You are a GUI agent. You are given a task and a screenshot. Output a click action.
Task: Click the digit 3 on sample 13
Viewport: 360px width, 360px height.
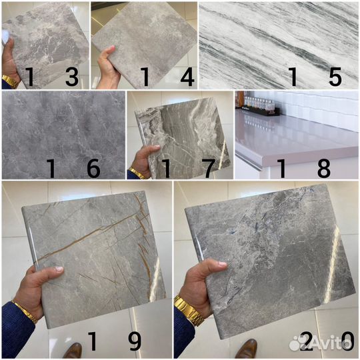[x=72, y=77]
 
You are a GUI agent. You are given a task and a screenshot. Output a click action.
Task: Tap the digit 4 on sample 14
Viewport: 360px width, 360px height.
[x=187, y=77]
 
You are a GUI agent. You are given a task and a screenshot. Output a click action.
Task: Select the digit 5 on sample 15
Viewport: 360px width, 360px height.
[x=335, y=77]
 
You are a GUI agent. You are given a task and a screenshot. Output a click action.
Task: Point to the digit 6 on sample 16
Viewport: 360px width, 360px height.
[x=94, y=168]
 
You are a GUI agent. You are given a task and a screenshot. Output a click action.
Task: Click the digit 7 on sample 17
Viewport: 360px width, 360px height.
[x=208, y=168]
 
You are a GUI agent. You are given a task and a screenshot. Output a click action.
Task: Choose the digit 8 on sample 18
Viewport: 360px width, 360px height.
[x=324, y=168]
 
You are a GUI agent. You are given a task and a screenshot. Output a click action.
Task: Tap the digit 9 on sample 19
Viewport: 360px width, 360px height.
[x=135, y=341]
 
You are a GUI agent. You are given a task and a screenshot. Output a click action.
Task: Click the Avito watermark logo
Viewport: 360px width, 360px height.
[x=320, y=343]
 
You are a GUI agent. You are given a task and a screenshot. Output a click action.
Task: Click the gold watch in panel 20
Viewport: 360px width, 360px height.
[x=189, y=311]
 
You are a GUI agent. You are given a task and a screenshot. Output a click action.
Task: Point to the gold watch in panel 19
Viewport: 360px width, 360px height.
[x=25, y=312]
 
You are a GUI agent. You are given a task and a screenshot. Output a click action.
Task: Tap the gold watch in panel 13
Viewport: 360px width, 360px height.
[x=10, y=81]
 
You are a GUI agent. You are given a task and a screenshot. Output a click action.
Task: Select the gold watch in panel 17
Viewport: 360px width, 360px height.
[x=137, y=173]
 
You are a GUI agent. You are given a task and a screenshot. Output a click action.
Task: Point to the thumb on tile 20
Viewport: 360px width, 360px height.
[x=214, y=265]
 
